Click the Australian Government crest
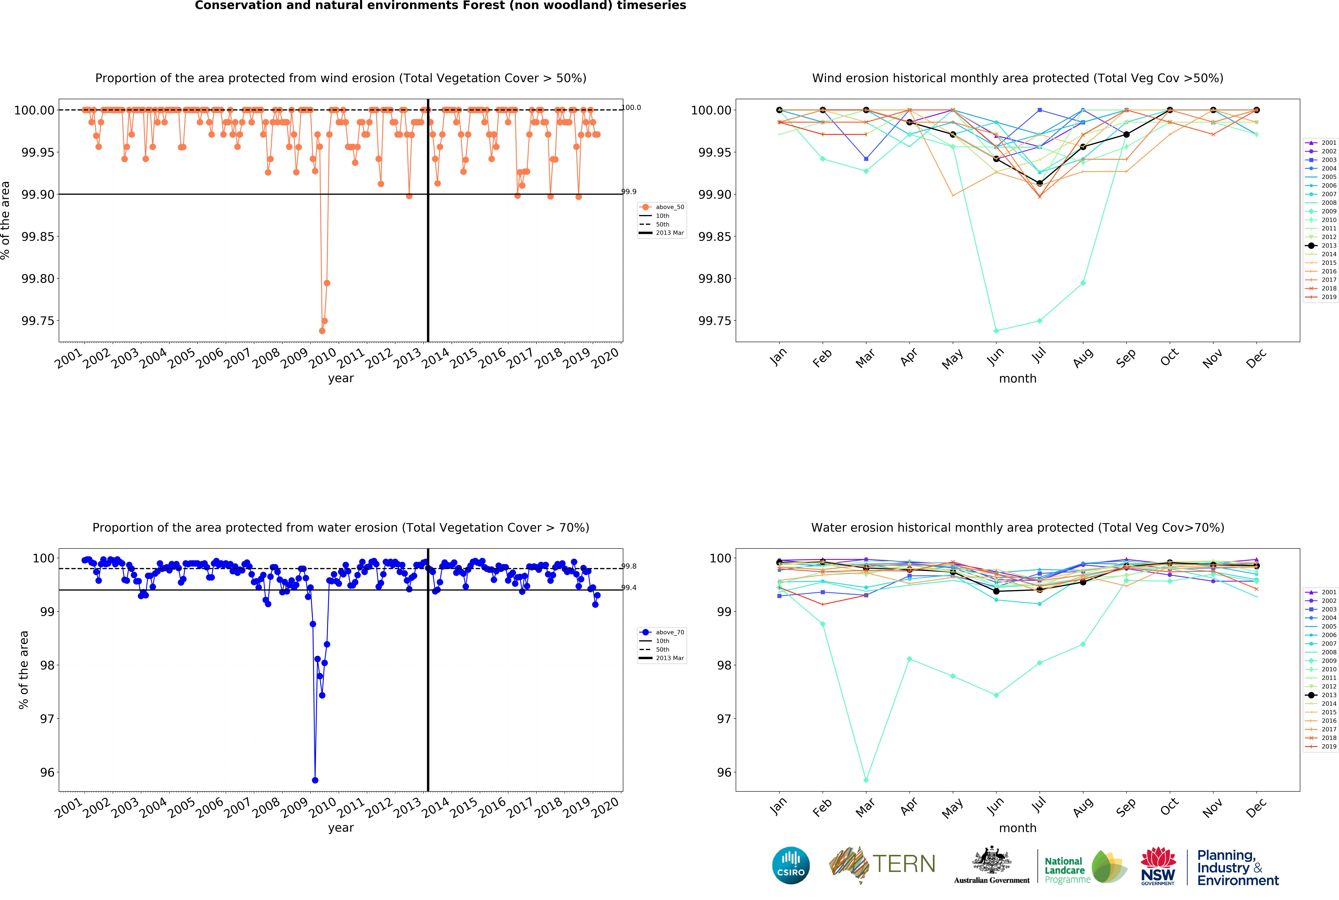point(991,861)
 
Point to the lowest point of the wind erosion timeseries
point(322,331)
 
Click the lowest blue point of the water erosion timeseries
point(315,780)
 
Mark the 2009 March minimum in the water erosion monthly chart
point(866,780)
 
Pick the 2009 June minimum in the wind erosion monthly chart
point(996,331)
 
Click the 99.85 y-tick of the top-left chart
point(38,236)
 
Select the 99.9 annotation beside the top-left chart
point(629,192)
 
